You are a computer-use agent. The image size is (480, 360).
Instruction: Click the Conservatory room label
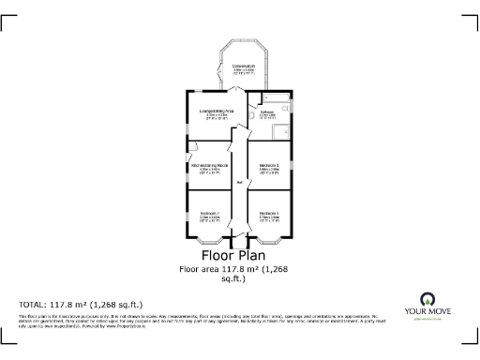click(x=244, y=66)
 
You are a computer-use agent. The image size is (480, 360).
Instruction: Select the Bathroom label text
click(x=267, y=112)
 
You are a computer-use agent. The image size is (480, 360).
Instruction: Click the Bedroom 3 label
click(x=270, y=166)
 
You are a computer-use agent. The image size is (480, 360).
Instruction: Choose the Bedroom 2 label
click(x=210, y=213)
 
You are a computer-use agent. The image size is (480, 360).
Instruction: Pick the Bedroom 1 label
click(x=270, y=213)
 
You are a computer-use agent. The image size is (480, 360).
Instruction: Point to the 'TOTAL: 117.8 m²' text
click(x=81, y=304)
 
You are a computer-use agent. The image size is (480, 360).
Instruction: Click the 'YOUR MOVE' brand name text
click(x=430, y=312)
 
